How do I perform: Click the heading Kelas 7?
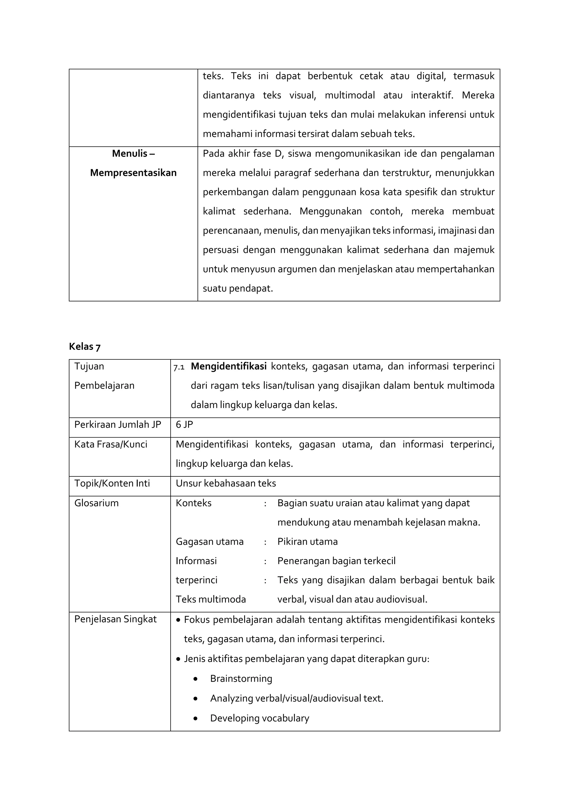point(84,346)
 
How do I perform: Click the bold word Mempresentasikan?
point(133,173)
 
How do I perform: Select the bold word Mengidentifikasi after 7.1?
point(229,366)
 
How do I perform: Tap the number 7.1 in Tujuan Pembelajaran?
point(179,367)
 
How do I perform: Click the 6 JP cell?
point(184,425)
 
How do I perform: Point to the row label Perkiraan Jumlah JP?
point(118,425)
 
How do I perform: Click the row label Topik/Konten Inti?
point(112,484)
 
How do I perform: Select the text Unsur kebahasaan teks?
point(226,484)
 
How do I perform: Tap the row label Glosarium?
point(96,503)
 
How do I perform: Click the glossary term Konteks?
point(194,503)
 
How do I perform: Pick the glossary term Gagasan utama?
point(209,542)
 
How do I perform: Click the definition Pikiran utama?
point(308,542)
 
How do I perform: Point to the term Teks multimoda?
point(211,599)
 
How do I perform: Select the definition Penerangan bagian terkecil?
point(336,561)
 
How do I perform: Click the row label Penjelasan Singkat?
point(115,619)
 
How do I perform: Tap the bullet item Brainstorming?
point(241,679)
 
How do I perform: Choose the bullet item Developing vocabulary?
point(259,718)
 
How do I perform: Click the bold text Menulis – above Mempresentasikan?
point(133,154)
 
